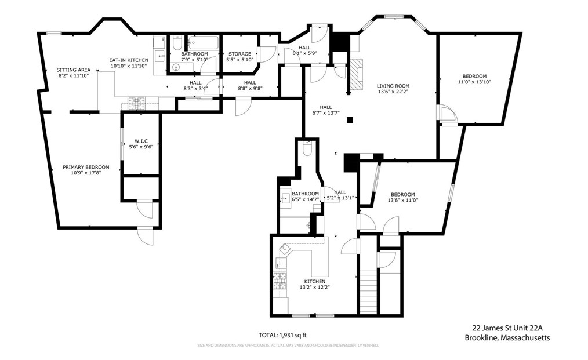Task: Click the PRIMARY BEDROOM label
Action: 86,167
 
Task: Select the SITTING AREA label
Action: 73,70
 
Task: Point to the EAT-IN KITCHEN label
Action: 129,60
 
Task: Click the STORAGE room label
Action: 239,54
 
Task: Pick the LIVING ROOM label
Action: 393,86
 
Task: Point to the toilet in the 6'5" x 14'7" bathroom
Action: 308,149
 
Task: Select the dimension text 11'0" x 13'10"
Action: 474,82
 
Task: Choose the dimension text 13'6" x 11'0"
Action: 402,201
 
